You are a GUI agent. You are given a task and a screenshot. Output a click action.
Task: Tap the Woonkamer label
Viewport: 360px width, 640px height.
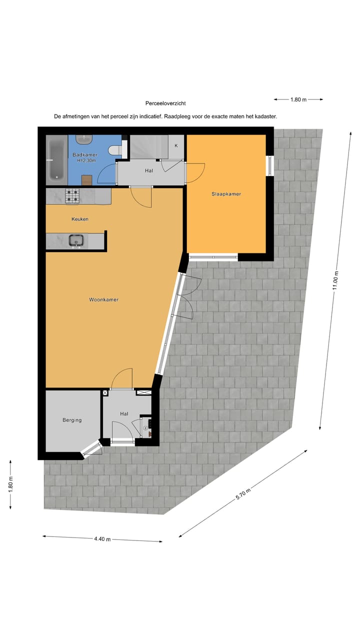[103, 300]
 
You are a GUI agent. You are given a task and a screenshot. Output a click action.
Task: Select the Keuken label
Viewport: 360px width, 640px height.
[80, 219]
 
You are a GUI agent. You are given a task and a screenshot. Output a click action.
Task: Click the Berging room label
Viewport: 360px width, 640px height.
[72, 420]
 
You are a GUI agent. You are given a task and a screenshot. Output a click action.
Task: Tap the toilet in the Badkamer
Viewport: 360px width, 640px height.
[115, 148]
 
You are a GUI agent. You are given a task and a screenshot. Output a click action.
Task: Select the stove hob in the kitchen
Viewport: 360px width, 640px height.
[72, 196]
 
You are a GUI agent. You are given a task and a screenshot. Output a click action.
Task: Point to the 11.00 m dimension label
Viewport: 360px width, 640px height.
[336, 280]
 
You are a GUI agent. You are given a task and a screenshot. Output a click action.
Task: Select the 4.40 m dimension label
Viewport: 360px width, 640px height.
[102, 539]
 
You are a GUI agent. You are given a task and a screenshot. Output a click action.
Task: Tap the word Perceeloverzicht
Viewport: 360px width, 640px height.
[165, 103]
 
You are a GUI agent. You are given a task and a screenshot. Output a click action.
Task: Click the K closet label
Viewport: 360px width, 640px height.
[176, 145]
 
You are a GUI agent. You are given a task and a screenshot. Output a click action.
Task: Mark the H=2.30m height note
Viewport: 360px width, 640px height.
[87, 161]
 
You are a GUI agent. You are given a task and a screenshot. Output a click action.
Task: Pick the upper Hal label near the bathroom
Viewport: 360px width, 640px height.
[148, 170]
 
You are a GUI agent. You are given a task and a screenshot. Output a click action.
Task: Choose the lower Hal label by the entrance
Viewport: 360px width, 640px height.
[124, 414]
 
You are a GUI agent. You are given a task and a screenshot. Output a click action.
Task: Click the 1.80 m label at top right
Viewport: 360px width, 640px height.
[298, 99]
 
